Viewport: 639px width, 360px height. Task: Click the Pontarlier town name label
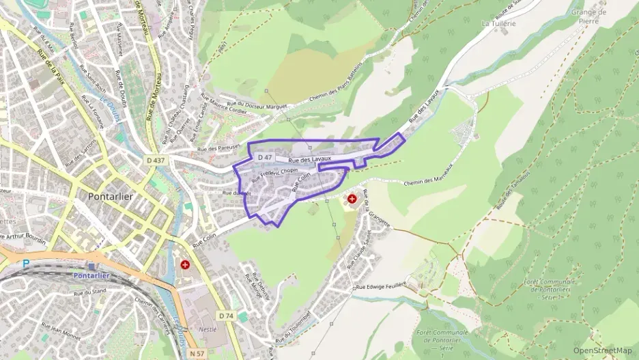point(112,196)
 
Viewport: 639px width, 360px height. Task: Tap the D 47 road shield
point(266,157)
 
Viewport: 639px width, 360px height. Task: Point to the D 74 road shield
point(227,316)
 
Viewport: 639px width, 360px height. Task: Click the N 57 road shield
point(197,353)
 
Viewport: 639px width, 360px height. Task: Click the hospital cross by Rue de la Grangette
point(352,199)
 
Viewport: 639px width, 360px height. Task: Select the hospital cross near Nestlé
point(184,264)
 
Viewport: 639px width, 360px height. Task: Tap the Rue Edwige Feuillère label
point(381,286)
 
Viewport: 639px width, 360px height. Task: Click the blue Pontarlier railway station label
point(91,275)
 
